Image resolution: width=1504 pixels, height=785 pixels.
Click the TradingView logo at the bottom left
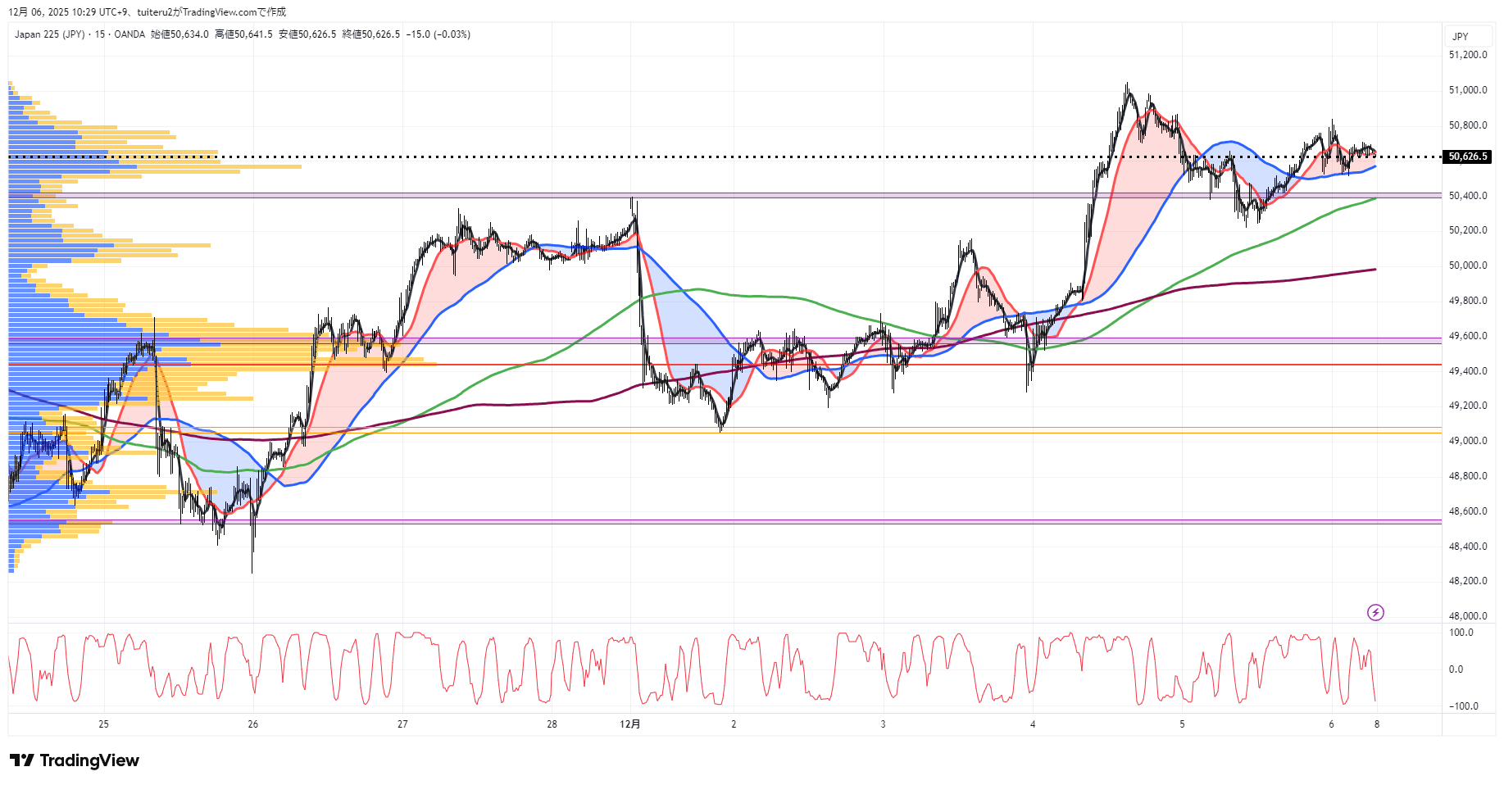coord(75,760)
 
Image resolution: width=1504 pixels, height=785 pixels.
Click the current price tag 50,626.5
coord(1467,157)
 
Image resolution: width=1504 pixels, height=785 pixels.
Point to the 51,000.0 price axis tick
coord(1467,90)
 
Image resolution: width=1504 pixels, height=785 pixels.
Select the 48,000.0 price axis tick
coord(1467,616)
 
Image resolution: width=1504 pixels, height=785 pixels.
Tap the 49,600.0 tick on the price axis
coord(1467,336)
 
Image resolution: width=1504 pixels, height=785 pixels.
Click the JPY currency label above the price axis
coord(1460,37)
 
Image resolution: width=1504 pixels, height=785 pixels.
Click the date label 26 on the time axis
coord(253,724)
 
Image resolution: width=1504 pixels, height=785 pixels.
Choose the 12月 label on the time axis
coord(630,724)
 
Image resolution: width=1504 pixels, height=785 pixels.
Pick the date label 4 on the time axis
coord(1033,724)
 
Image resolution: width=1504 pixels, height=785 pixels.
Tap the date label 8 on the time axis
coord(1377,724)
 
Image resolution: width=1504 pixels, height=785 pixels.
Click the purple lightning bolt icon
coord(1375,613)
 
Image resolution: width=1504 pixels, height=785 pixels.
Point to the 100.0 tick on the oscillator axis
coord(1461,633)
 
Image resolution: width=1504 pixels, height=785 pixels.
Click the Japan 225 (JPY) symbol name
coord(49,34)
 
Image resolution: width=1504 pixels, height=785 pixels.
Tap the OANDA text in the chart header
coord(129,34)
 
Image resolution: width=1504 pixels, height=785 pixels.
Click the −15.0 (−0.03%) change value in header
coord(438,34)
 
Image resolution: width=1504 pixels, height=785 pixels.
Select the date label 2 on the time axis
coord(734,724)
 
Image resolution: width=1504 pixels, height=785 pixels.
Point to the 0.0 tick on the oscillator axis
coord(1456,669)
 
